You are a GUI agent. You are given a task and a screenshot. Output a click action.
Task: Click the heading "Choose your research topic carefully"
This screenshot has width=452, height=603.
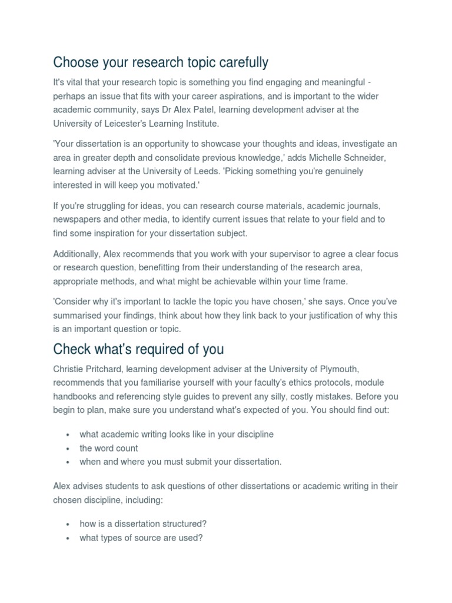(161, 62)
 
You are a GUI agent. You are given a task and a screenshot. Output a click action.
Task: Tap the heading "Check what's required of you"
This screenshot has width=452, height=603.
(138, 349)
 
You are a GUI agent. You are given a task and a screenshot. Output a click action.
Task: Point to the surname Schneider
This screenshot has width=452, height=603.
(370, 158)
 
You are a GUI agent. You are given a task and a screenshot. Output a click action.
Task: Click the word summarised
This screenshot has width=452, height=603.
(80, 316)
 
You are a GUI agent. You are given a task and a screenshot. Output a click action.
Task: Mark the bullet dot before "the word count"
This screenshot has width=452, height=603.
(68, 449)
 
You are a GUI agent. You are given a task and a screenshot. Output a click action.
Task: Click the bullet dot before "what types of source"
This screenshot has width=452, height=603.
(68, 538)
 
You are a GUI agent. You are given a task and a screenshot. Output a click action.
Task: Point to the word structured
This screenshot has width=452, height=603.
(185, 524)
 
